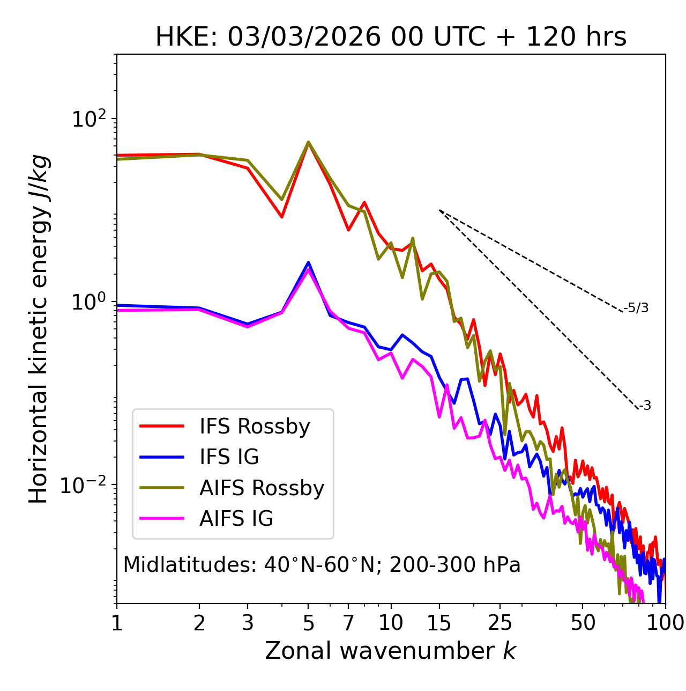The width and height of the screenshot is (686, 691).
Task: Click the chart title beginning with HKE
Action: pos(391,38)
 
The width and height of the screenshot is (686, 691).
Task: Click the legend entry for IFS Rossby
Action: pos(255,427)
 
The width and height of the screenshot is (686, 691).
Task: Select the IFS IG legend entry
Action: pos(229,457)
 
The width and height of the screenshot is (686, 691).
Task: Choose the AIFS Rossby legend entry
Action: pos(262,488)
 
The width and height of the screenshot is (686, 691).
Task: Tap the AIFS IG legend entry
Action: pos(236,519)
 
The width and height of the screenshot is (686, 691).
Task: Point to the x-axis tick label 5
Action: pos(308,623)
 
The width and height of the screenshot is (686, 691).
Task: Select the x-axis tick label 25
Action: pos(500,623)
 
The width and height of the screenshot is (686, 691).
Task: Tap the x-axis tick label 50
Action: pos(583,623)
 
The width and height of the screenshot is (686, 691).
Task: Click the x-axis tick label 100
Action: pos(665,623)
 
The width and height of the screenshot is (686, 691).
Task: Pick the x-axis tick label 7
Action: pos(348,623)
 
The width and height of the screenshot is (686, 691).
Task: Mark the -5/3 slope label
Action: pos(636,308)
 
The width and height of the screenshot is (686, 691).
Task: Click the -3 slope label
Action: pos(645,406)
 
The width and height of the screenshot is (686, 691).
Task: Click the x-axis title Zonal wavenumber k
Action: pos(391,651)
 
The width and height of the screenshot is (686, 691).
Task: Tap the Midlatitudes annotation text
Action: pos(322,565)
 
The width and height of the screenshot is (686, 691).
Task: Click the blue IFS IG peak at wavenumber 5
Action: pos(308,262)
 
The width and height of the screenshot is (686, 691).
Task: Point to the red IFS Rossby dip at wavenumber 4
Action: pos(281,217)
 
